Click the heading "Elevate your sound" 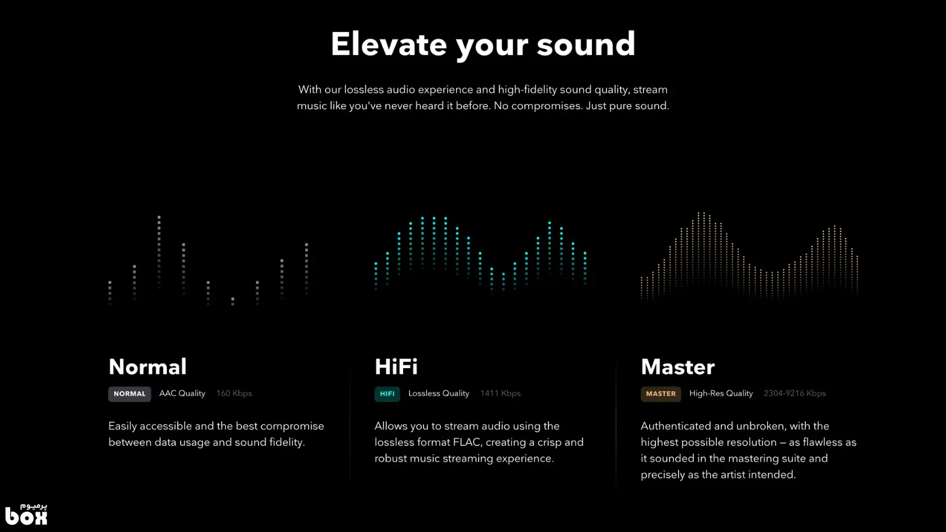[483, 45]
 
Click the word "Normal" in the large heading [148, 366]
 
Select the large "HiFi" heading [396, 366]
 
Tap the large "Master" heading [678, 366]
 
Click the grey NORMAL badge [130, 394]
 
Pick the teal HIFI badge [387, 394]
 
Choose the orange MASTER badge [661, 394]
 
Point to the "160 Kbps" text [234, 394]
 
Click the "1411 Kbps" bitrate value [501, 394]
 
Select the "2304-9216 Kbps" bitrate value [795, 394]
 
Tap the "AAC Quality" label [182, 394]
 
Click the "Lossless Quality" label [439, 394]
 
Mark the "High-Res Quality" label [721, 394]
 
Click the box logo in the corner [26, 514]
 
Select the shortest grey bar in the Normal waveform [233, 301]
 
